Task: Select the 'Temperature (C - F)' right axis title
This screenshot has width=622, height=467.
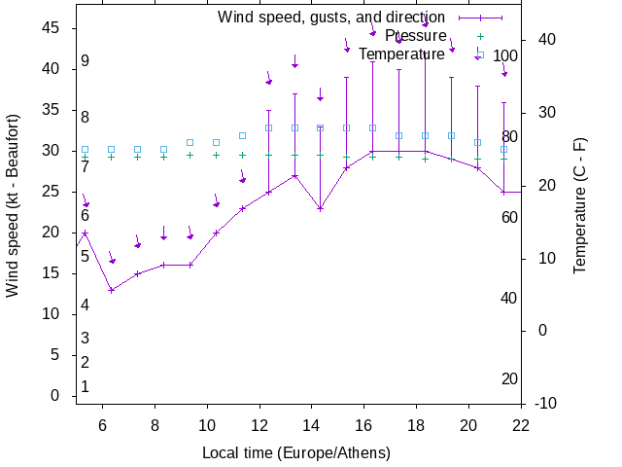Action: pos(580,205)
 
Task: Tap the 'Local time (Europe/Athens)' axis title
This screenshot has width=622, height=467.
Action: pos(296,453)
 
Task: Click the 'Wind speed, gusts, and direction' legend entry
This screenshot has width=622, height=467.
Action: pos(330,18)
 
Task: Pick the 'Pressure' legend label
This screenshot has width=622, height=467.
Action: pos(415,36)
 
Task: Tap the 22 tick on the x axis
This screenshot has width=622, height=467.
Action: pos(521,424)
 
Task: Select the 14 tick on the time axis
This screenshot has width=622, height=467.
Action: pos(312,424)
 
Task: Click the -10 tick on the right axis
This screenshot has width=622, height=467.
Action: pos(545,404)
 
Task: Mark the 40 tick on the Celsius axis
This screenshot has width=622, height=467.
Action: pos(545,40)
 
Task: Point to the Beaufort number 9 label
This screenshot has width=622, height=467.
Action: pos(86,61)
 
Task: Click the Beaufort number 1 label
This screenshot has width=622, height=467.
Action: pos(86,387)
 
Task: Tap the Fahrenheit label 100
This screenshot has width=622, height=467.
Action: pos(506,55)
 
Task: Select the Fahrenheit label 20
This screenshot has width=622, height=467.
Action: pos(510,379)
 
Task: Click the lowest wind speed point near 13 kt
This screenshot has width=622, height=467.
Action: pos(112,290)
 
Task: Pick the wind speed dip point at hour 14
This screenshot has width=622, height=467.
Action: pos(320,208)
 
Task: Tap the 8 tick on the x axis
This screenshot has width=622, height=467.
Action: pos(155,424)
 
